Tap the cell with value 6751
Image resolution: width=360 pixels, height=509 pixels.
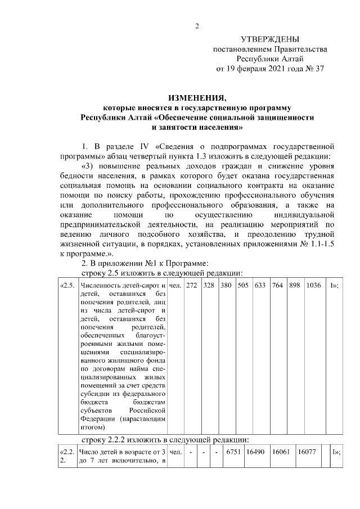(232, 452)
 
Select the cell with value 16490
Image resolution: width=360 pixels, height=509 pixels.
(255, 452)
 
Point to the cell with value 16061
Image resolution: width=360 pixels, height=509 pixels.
(281, 452)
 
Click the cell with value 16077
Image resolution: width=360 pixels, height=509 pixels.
(307, 452)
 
